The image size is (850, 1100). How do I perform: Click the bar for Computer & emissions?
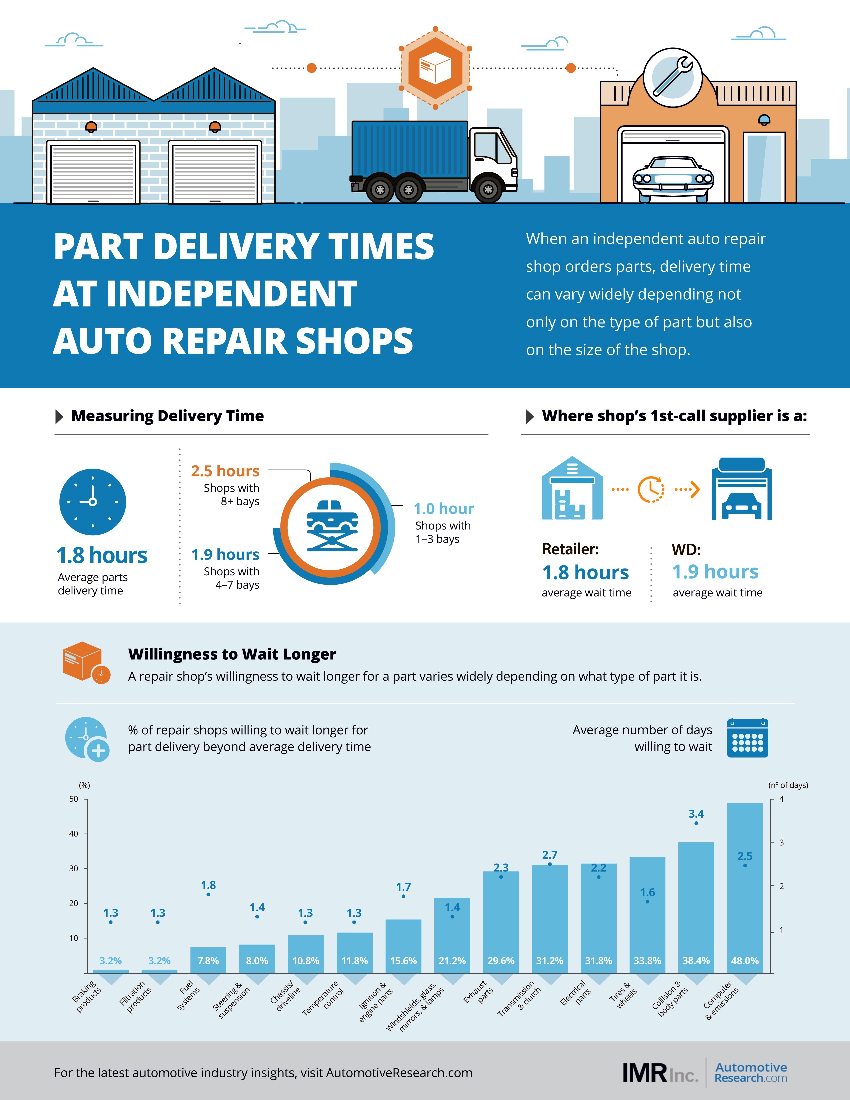[745, 888]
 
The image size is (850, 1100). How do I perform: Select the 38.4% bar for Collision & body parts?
[696, 908]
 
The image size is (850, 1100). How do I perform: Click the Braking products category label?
[87, 996]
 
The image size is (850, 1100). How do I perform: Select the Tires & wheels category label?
[623, 995]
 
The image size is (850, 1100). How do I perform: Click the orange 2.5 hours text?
[225, 471]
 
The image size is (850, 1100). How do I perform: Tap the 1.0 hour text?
[444, 509]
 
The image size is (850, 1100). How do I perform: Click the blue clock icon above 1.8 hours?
[93, 502]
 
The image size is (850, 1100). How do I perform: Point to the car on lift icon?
[332, 526]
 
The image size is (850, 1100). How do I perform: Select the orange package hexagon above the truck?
[436, 67]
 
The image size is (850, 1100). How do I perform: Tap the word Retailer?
[570, 549]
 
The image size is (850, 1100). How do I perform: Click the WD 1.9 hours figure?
[715, 572]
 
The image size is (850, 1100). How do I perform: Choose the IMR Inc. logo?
[660, 1073]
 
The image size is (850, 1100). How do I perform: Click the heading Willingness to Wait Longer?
[232, 654]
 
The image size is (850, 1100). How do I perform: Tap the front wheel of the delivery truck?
[488, 189]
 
